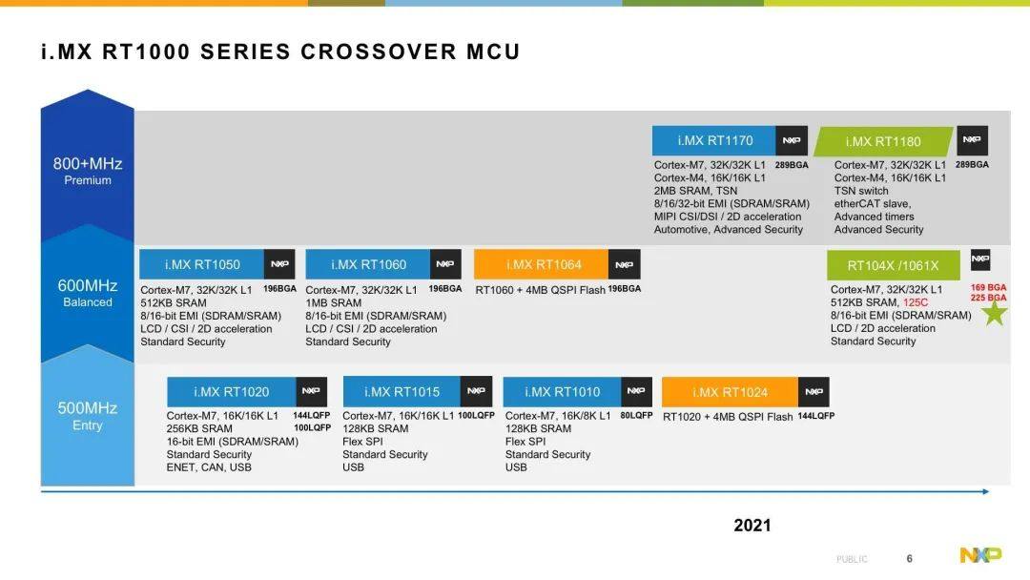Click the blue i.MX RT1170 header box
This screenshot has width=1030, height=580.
coord(714,140)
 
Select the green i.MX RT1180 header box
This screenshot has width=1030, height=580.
coord(883,141)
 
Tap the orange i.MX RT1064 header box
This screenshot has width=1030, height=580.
coord(542,264)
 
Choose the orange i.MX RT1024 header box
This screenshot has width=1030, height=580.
coord(730,392)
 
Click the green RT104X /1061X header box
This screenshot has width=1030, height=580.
coord(894,265)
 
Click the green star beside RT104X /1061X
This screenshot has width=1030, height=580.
coord(995,313)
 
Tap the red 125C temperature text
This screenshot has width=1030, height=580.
coord(915,302)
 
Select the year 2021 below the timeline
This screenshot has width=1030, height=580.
coord(752,525)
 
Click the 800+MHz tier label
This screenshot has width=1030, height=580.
coord(88,163)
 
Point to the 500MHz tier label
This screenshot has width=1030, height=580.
coord(88,408)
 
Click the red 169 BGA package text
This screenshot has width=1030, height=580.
coord(988,288)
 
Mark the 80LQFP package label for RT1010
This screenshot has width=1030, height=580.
coord(636,416)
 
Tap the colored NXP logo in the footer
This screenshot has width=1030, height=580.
coord(980,556)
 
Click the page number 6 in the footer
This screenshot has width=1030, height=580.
coord(909,558)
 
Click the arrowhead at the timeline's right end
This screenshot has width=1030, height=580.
coord(986,491)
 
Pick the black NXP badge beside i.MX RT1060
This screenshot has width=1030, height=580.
coord(445,264)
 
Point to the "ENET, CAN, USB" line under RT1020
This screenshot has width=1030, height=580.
coord(209,467)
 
